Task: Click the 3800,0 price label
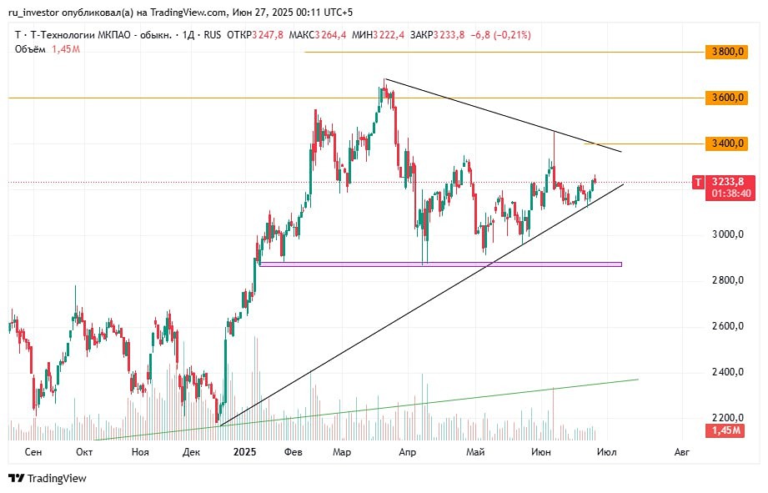pos(725,52)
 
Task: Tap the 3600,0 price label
pos(725,98)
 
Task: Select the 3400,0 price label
pos(725,143)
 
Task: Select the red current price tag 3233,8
pos(728,181)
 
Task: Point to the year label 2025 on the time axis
pos(245,451)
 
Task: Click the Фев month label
pos(292,451)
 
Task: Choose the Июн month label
pos(540,451)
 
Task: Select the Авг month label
pos(681,451)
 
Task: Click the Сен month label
pos(33,451)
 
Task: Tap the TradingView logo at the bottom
pos(48,478)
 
